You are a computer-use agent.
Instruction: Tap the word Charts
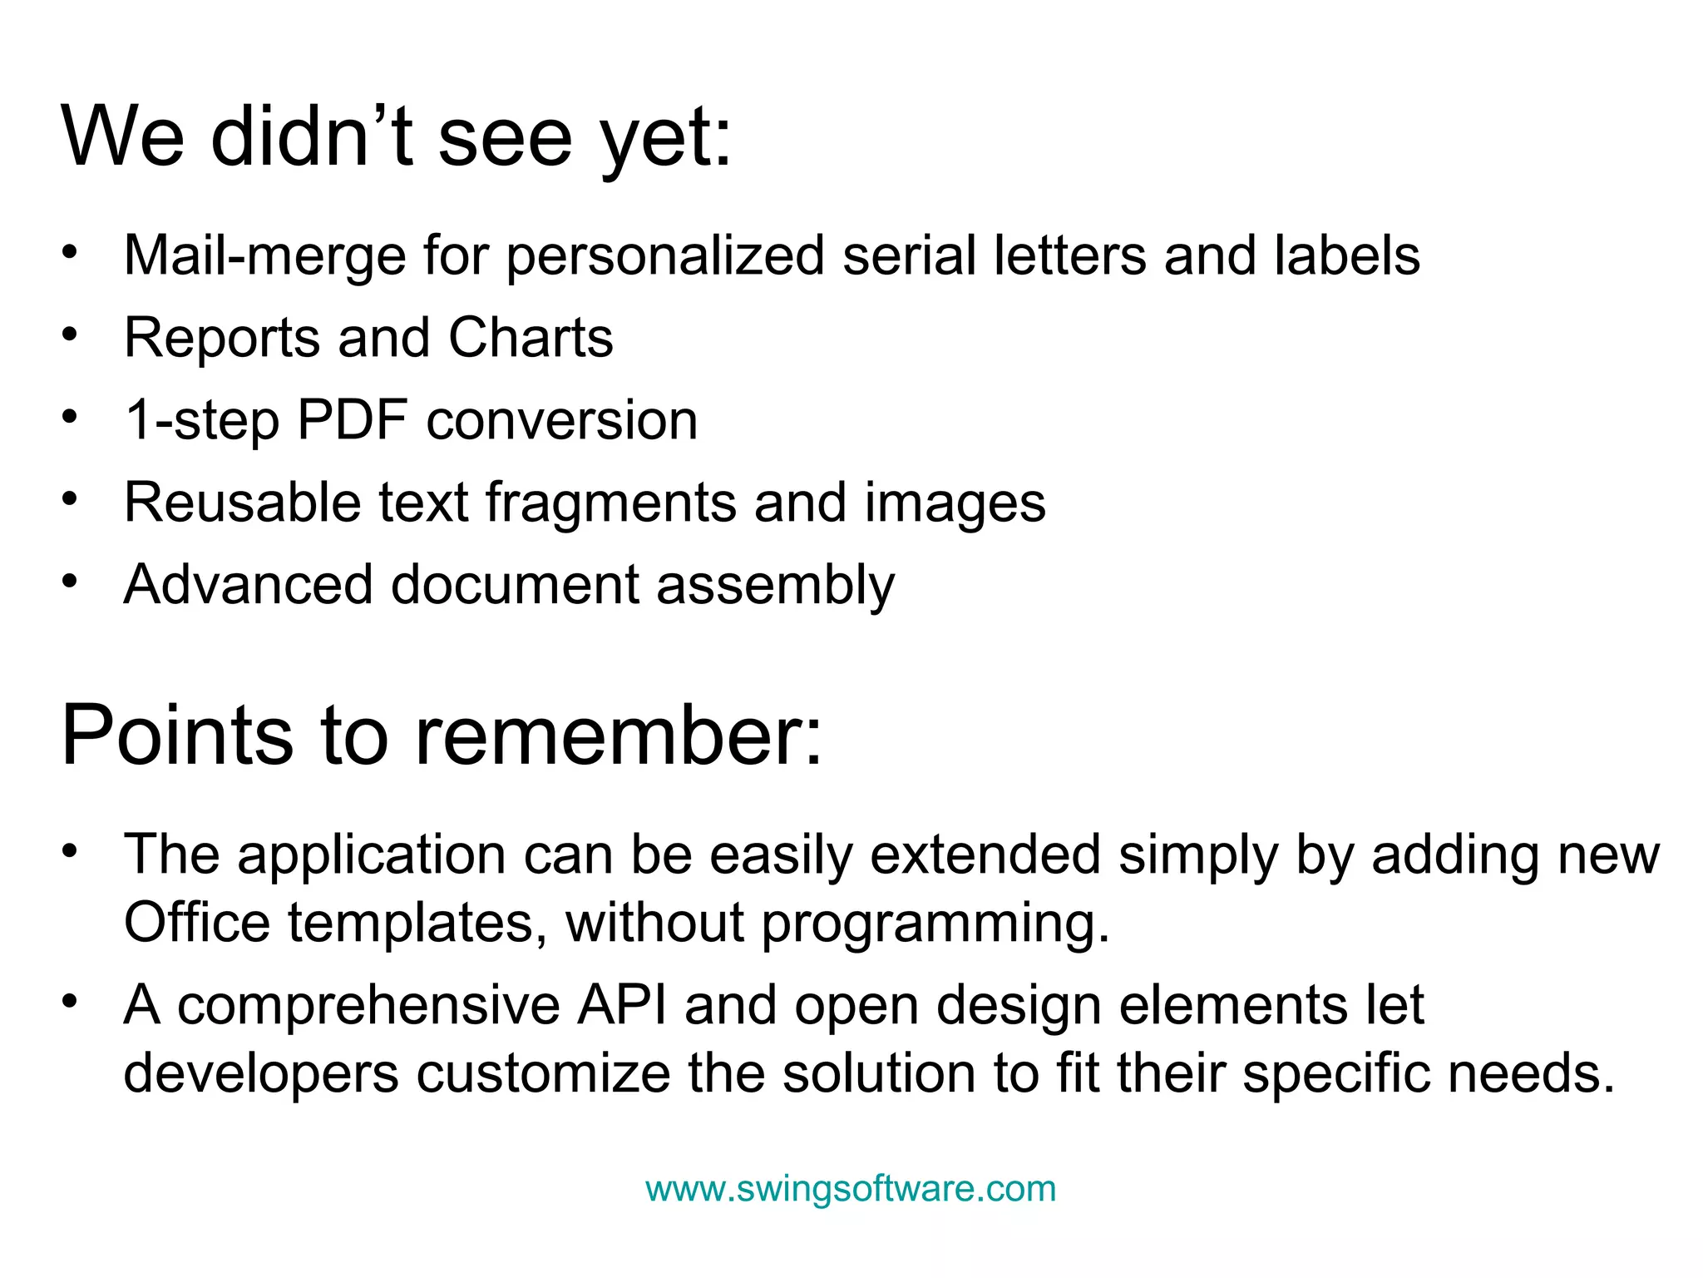[531, 338]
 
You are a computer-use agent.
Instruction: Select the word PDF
[352, 419]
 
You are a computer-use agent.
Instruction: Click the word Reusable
[242, 503]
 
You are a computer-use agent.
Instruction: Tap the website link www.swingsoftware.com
[851, 1188]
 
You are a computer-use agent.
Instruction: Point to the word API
[622, 1005]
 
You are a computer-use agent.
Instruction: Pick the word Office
[197, 923]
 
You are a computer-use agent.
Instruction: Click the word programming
[935, 924]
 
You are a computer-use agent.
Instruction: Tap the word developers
[261, 1073]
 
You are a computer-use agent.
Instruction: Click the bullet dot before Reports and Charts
[70, 334]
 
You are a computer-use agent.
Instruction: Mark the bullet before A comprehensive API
[70, 1001]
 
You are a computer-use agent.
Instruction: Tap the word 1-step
[201, 421]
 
